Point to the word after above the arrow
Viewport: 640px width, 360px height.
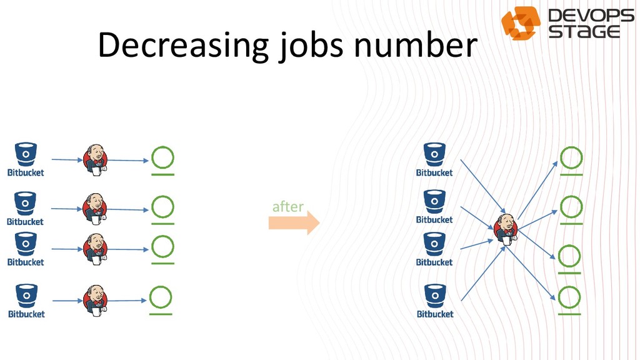(x=287, y=206)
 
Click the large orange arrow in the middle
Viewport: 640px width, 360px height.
(x=294, y=222)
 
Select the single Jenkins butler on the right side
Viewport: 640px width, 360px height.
(x=506, y=228)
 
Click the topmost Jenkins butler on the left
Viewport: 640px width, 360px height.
(x=96, y=159)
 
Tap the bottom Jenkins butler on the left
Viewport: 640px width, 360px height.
(x=96, y=299)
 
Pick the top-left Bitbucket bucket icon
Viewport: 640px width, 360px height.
(x=26, y=154)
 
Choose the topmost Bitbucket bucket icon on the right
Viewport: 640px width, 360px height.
(x=434, y=154)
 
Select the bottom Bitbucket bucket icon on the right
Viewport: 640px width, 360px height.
(x=435, y=295)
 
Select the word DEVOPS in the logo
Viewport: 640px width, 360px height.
(x=591, y=16)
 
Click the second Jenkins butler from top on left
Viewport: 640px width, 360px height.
(x=96, y=207)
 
